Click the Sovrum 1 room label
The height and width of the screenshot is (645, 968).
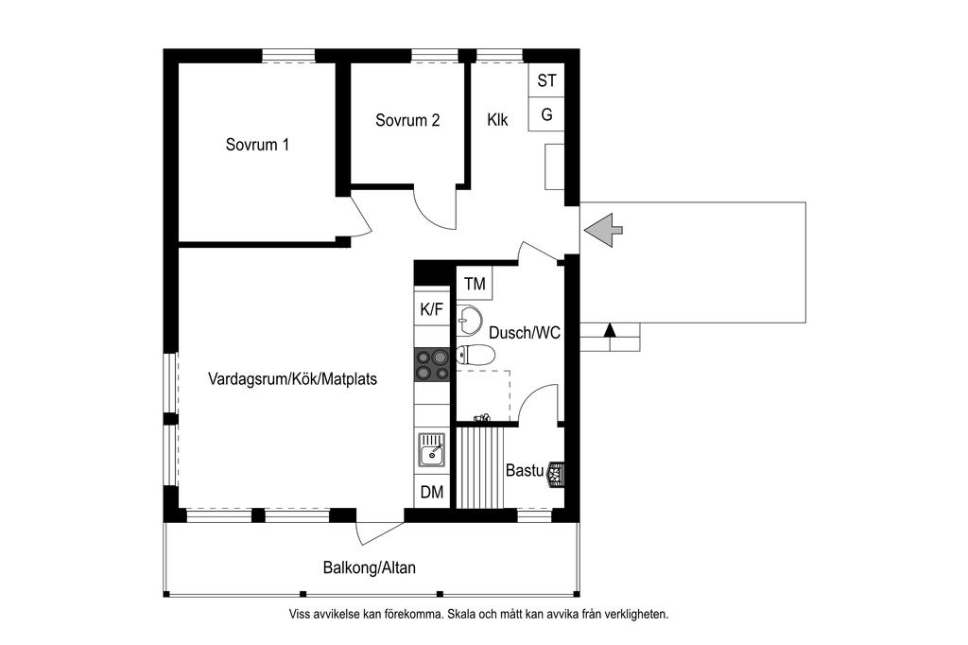point(257,145)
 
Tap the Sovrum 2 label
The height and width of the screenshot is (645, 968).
point(407,120)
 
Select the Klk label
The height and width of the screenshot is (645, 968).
point(497,120)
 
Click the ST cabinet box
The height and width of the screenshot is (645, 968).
point(546,80)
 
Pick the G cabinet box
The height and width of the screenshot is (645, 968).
point(546,114)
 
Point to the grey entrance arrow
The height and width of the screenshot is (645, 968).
point(602,231)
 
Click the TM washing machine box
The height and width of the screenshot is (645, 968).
point(475,284)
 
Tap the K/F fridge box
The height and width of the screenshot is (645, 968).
point(431,309)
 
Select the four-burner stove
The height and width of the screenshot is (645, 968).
point(431,364)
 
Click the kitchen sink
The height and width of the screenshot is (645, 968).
point(431,449)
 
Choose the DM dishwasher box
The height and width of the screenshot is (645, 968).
point(431,492)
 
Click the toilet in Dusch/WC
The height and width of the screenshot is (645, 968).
point(475,355)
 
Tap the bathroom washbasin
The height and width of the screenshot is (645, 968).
point(471,318)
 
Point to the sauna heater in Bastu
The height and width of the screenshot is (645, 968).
point(555,475)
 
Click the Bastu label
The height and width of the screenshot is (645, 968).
point(525,470)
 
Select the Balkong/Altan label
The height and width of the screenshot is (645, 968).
point(370,567)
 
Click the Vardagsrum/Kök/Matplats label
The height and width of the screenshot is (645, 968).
point(293,378)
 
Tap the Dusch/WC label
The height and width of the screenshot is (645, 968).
point(525,333)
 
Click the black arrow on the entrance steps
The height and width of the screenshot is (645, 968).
point(610,329)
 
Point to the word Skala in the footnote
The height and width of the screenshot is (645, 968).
point(460,615)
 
